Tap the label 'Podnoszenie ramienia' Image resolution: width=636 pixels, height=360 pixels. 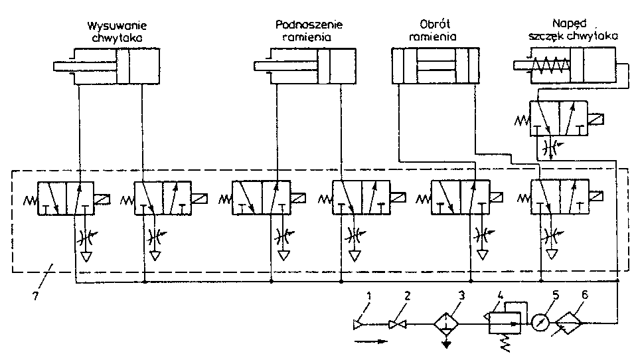[x=309, y=31]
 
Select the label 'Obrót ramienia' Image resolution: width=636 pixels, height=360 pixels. [x=432, y=31]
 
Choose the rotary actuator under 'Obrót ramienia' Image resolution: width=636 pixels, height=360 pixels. [x=435, y=66]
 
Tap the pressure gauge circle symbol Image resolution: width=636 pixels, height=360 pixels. [x=539, y=323]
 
